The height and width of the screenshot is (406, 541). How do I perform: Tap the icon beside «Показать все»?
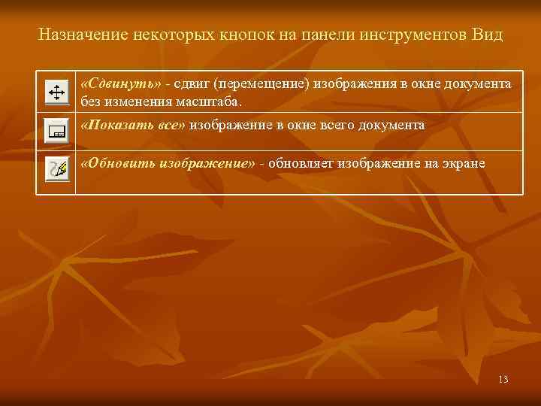pos(56,132)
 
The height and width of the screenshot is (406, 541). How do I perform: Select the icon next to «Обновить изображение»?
pos(56,169)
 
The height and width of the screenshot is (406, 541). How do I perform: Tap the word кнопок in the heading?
pos(243,35)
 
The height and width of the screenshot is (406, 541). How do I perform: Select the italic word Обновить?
pos(121,164)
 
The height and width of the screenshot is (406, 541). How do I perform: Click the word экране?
pos(465,164)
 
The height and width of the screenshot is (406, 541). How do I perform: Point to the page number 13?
pos(503,379)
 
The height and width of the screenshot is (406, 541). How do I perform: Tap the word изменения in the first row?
pos(129,101)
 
